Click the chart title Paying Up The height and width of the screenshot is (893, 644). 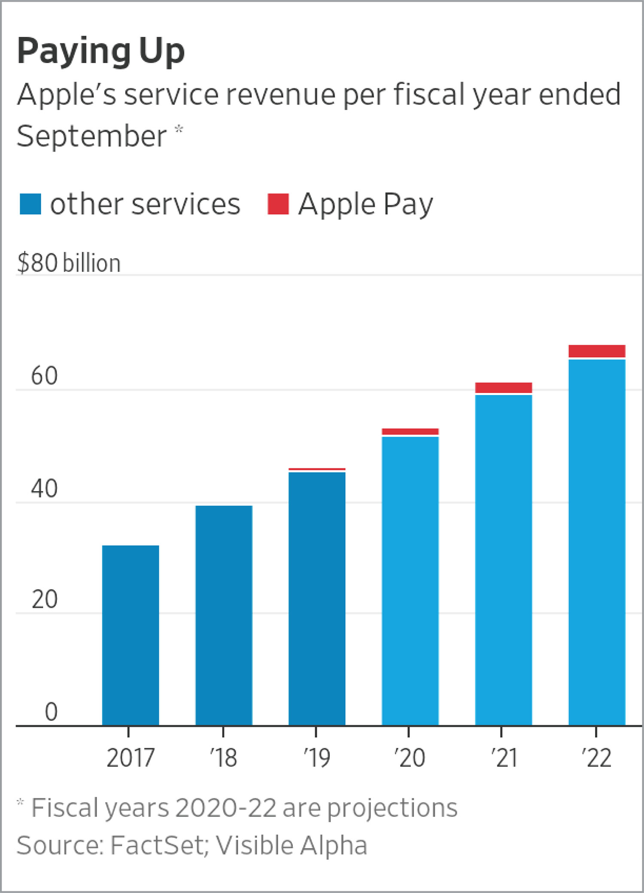[x=101, y=52]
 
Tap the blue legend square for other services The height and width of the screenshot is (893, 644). [x=30, y=204]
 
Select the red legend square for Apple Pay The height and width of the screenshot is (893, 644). [x=278, y=204]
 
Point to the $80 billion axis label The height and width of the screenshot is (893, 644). [x=69, y=263]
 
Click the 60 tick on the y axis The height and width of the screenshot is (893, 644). [x=44, y=376]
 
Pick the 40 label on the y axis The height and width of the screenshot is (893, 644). [x=44, y=489]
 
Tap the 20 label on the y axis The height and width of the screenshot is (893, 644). [x=44, y=599]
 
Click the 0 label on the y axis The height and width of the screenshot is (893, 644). [x=51, y=712]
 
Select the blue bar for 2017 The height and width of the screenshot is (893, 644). [x=131, y=635]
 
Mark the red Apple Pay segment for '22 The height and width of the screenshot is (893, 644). [x=597, y=351]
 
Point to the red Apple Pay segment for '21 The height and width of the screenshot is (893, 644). [x=504, y=388]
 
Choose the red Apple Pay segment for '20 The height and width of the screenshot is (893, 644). [x=410, y=431]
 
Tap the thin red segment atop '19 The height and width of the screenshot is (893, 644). [x=317, y=469]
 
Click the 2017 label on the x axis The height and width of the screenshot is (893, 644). [x=130, y=758]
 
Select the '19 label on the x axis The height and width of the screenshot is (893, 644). [x=316, y=758]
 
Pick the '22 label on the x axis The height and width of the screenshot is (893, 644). [x=596, y=758]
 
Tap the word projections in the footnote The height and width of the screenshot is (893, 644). [x=392, y=808]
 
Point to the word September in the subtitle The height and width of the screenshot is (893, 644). [x=91, y=136]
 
